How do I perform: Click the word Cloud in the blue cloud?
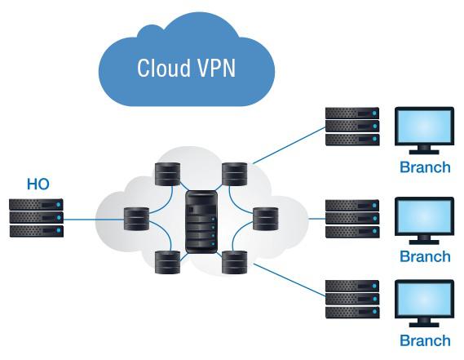tap(164, 68)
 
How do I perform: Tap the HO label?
tap(38, 184)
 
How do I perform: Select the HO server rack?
tap(37, 218)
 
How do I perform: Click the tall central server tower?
tap(201, 222)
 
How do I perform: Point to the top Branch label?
tap(425, 167)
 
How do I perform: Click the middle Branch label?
tap(425, 256)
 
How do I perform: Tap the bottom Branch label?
tap(425, 340)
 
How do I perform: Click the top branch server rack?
tap(352, 127)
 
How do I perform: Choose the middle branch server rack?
tap(352, 219)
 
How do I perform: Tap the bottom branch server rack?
tap(352, 300)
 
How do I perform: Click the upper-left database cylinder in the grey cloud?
tap(167, 174)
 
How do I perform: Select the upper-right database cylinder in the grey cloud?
tap(234, 174)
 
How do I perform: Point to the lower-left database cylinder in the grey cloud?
tap(167, 262)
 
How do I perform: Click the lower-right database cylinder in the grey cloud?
tap(234, 262)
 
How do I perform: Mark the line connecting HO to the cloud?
tap(94, 220)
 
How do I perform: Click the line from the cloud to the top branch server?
tap(289, 145)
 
